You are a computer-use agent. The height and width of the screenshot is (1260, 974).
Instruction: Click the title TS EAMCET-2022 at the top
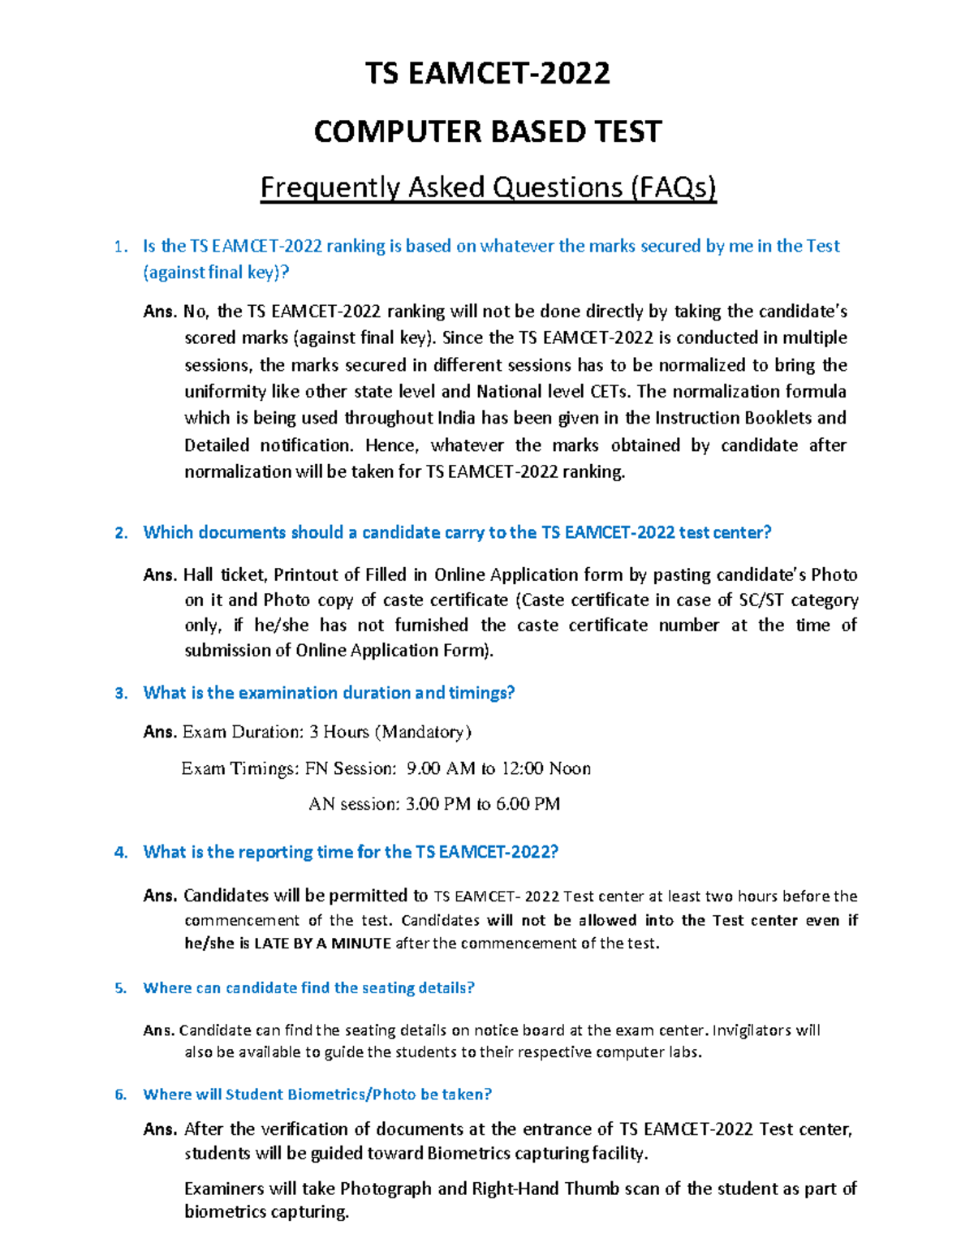[x=487, y=74]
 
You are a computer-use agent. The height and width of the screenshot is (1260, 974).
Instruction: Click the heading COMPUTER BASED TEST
[x=487, y=131]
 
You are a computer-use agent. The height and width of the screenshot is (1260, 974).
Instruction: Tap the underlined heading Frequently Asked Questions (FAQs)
[x=488, y=187]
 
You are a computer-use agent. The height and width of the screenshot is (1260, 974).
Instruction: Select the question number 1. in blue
[x=121, y=247]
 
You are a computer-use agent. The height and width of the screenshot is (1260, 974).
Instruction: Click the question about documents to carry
[x=456, y=533]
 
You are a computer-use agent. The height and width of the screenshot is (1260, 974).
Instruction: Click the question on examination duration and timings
[x=329, y=693]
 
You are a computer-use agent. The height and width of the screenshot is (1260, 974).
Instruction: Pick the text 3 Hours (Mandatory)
[x=390, y=733]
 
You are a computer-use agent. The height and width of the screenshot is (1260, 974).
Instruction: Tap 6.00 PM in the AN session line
[x=528, y=804]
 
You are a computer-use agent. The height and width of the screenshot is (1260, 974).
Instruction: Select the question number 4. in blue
[x=121, y=853]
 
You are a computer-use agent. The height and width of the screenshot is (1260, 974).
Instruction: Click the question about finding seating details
[x=308, y=988]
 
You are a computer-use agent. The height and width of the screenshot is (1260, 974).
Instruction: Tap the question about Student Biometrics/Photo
[x=317, y=1094]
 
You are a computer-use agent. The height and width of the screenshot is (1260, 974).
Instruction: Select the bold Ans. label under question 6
[x=160, y=1129]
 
